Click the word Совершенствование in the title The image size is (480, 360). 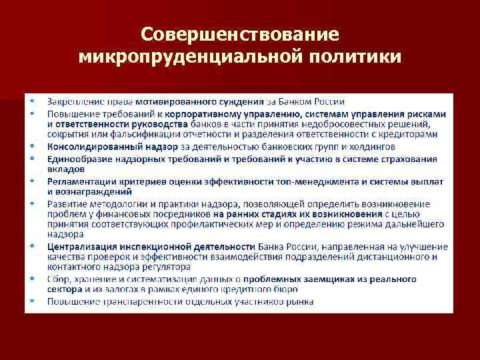click(240, 34)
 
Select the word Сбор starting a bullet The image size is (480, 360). click(56, 279)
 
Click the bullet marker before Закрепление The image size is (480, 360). click(31, 101)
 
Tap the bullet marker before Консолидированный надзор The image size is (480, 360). click(31, 146)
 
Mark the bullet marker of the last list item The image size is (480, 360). click(31, 301)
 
